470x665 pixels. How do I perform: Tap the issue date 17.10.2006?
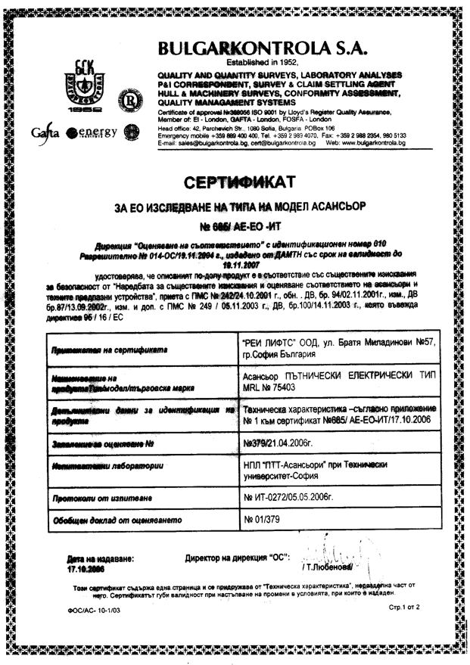86,570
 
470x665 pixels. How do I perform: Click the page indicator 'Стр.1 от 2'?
403,608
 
